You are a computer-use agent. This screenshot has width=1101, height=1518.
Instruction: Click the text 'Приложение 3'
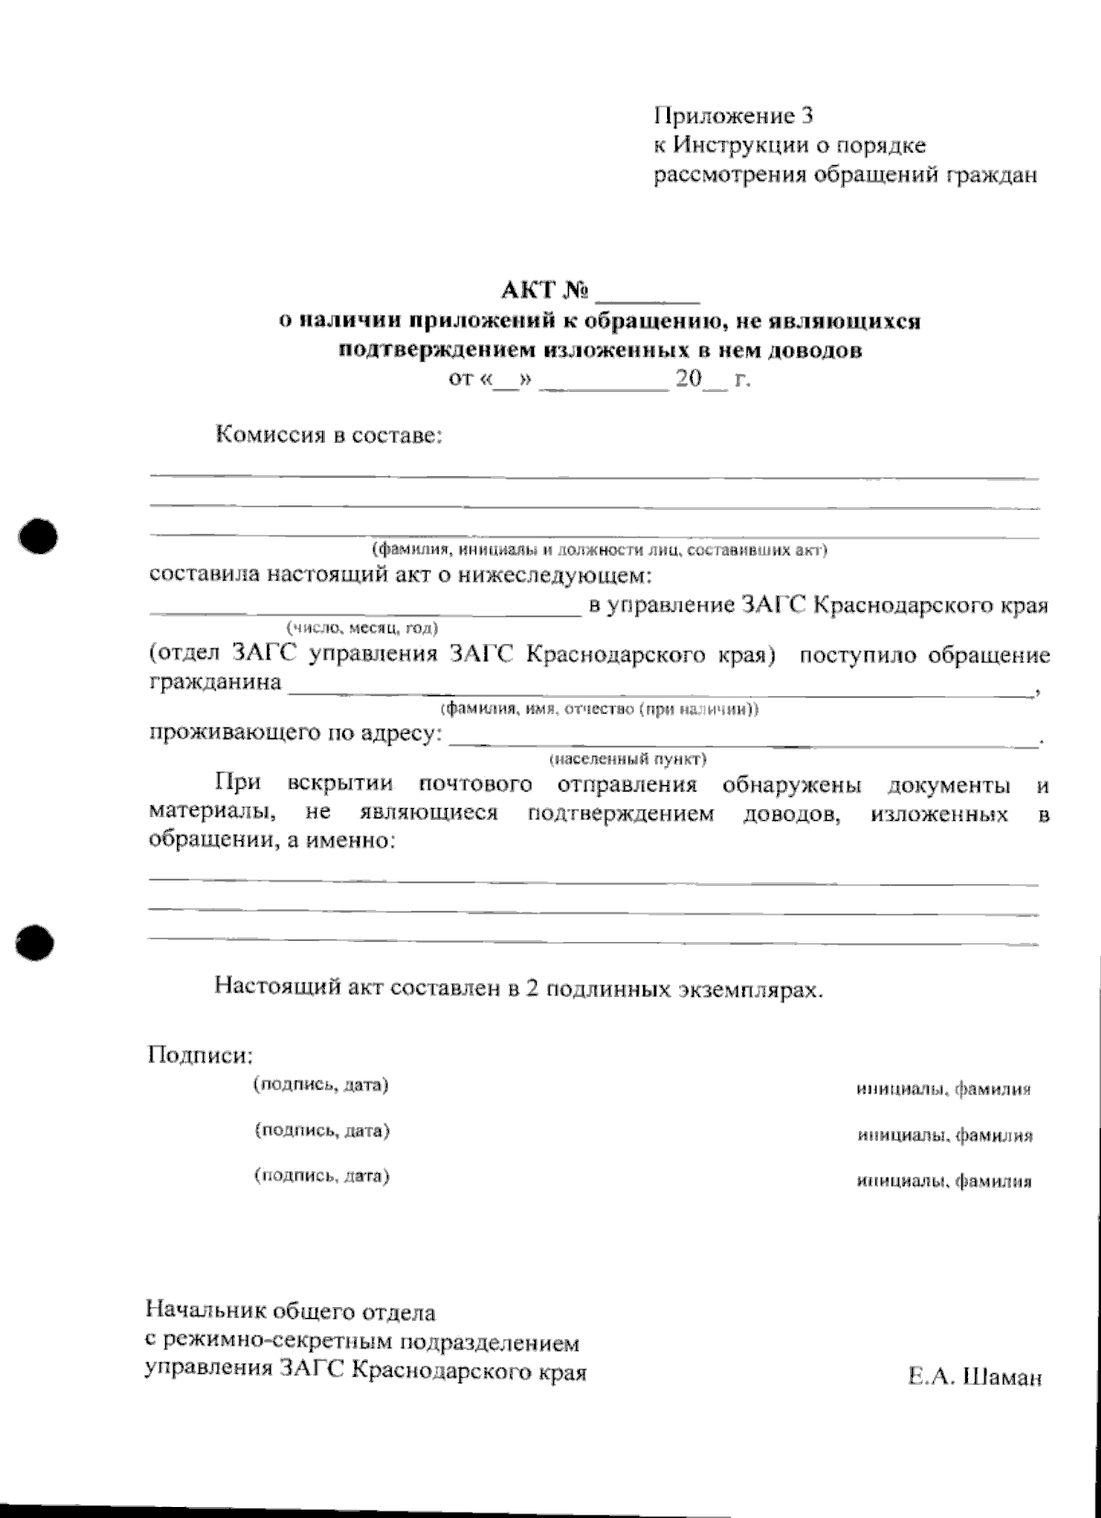733,116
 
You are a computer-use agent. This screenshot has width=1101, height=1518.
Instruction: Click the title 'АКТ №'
543,292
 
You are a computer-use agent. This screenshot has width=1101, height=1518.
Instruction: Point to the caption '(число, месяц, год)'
361,628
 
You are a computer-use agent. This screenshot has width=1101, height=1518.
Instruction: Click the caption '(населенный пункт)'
627,759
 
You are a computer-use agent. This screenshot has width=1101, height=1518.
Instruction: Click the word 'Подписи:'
199,1055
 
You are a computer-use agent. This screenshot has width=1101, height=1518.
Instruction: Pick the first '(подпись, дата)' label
321,1085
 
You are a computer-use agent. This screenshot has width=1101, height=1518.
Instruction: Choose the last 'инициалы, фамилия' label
944,1181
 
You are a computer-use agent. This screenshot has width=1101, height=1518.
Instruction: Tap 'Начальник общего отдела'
291,1311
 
